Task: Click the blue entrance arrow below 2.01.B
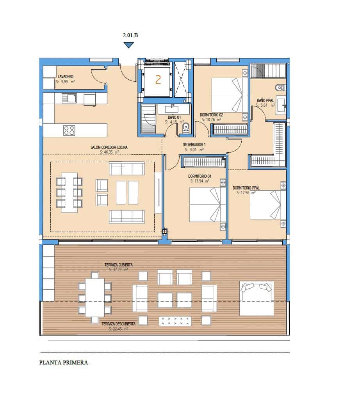click(x=128, y=45)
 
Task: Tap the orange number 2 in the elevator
click(x=158, y=80)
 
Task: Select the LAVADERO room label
click(x=65, y=77)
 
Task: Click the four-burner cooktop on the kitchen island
click(x=69, y=130)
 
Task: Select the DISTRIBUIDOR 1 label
click(x=194, y=145)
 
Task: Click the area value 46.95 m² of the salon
click(x=109, y=152)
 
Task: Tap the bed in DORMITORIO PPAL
click(x=266, y=204)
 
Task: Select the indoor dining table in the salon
click(x=69, y=192)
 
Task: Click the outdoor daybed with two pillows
click(x=257, y=298)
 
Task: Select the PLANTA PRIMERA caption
click(x=64, y=362)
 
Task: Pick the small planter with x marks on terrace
click(x=175, y=321)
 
